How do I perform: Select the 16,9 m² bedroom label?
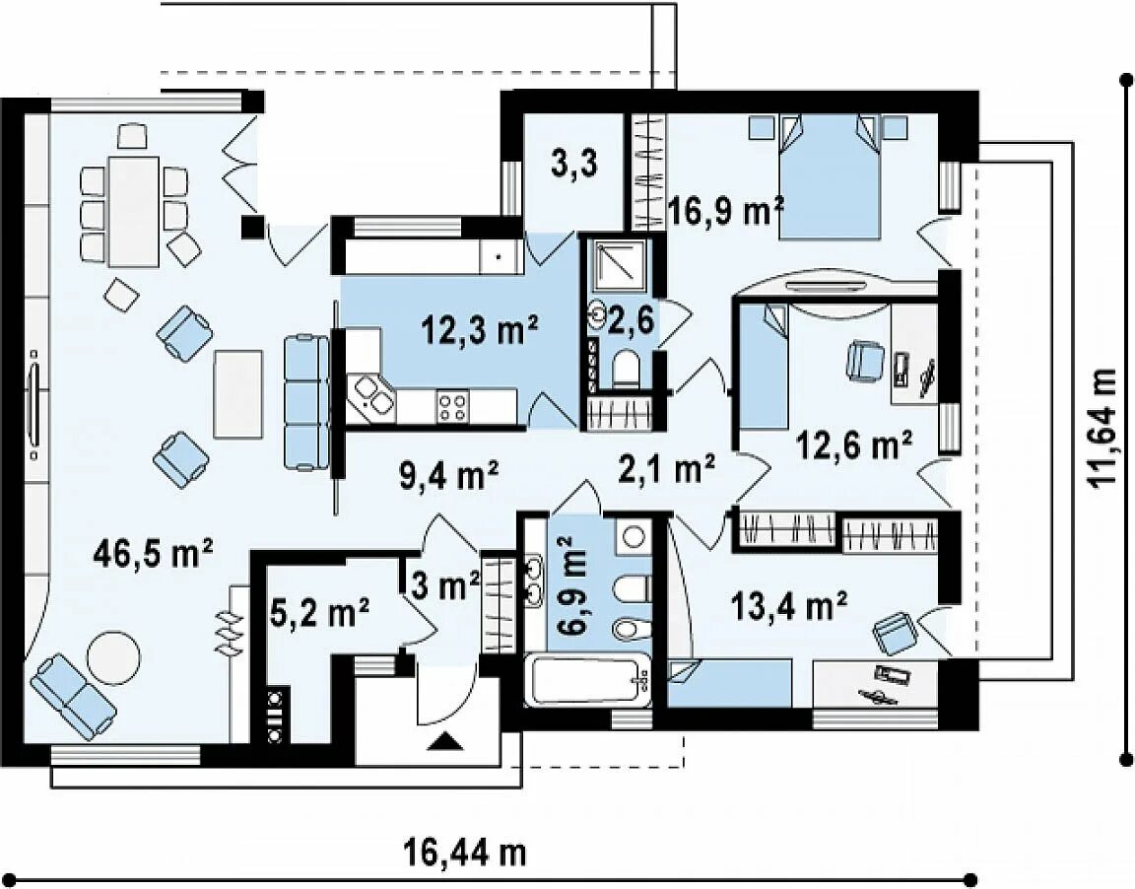726,212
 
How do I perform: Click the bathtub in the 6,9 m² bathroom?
586,679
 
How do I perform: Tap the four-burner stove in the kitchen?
452,406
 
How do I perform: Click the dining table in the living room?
134,211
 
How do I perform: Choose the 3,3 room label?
574,165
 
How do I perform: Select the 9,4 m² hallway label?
449,475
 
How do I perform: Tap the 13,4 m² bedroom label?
790,607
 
